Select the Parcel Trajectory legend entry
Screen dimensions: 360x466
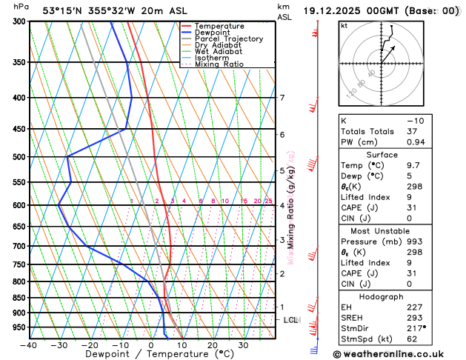pyautogui.click(x=228, y=39)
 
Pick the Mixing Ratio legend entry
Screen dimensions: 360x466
pyautogui.click(x=219, y=64)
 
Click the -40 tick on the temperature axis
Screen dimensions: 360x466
pyautogui.click(x=28, y=345)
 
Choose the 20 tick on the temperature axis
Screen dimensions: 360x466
pyautogui.click(x=212, y=345)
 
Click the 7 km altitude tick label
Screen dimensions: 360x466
pyautogui.click(x=282, y=98)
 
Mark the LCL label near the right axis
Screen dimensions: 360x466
pyautogui.click(x=290, y=320)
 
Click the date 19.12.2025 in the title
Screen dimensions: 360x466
pyautogui.click(x=337, y=10)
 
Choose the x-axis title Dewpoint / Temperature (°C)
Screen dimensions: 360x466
pyautogui.click(x=153, y=355)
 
